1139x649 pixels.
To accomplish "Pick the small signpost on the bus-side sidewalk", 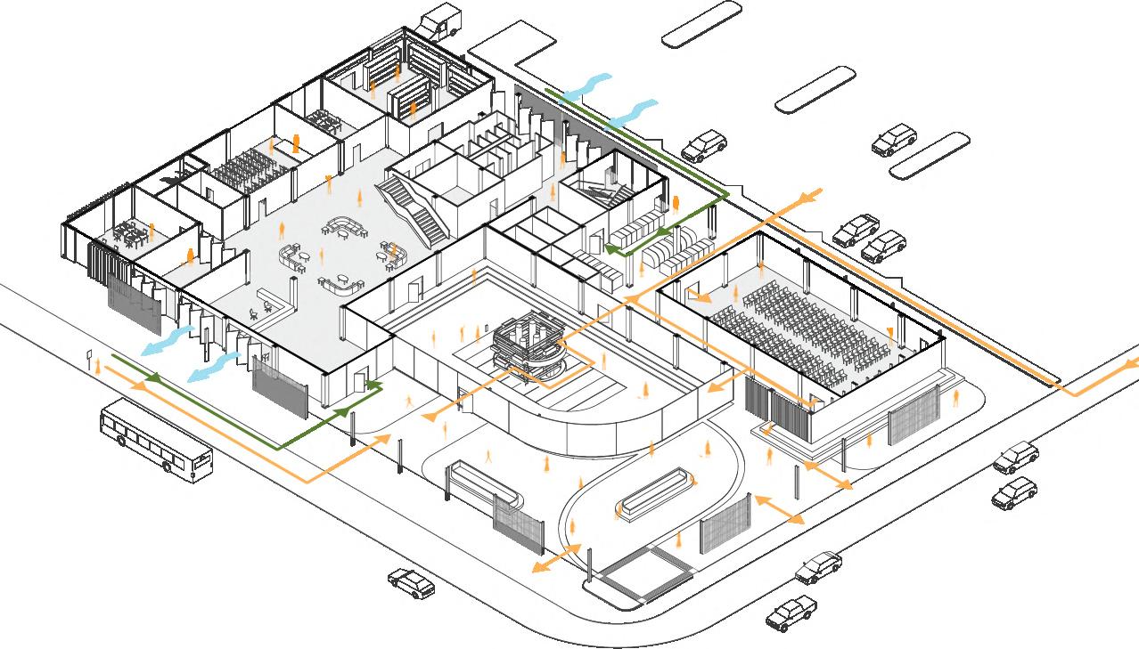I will click(89, 360).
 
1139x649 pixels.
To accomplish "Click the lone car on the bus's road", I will click(411, 583).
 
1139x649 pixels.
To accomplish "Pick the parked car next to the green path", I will click(705, 144).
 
